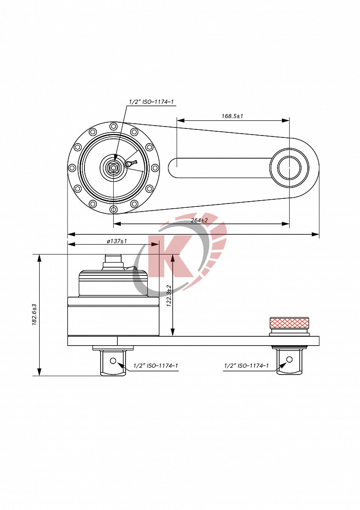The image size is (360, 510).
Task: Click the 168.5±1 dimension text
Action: (x=232, y=116)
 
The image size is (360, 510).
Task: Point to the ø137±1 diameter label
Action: (x=117, y=241)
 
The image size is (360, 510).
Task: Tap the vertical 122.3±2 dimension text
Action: (x=168, y=296)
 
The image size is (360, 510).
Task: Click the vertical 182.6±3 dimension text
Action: (x=34, y=314)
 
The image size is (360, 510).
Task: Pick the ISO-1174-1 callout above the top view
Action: (x=151, y=102)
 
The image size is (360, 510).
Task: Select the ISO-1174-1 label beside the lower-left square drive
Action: (x=155, y=366)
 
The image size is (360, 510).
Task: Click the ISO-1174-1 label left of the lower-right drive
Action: (x=246, y=366)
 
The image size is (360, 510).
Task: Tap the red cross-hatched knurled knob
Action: (x=289, y=323)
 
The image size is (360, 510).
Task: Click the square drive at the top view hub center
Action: (x=113, y=167)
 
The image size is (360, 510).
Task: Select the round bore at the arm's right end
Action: (x=289, y=168)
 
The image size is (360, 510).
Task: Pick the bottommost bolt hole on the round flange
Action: (x=113, y=209)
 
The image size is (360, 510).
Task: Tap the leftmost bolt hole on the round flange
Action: (x=72, y=168)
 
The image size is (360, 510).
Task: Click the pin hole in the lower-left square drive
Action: (x=113, y=361)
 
